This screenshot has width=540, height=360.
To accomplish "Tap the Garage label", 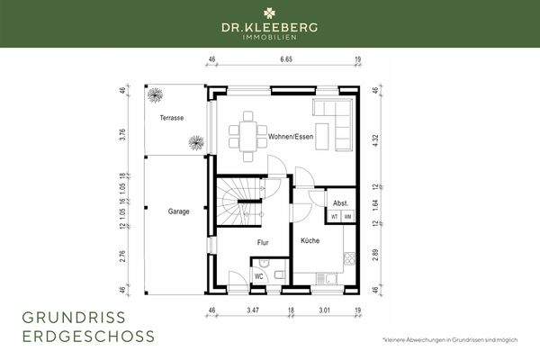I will coord(177,211).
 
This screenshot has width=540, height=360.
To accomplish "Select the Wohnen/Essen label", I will coord(291,136).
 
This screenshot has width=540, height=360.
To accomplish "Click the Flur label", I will coord(263,242).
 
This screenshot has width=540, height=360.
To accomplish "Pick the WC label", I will coord(258,276).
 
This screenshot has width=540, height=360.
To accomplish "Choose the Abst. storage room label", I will coord(341,203).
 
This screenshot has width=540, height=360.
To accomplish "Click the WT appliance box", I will coord(335,217).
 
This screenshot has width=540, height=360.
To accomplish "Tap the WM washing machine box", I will coord(347,217).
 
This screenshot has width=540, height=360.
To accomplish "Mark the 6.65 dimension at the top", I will coord(287,59).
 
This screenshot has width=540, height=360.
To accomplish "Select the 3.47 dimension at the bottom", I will coord(254,310).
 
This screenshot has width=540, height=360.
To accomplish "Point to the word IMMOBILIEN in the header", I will coord(269,39).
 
